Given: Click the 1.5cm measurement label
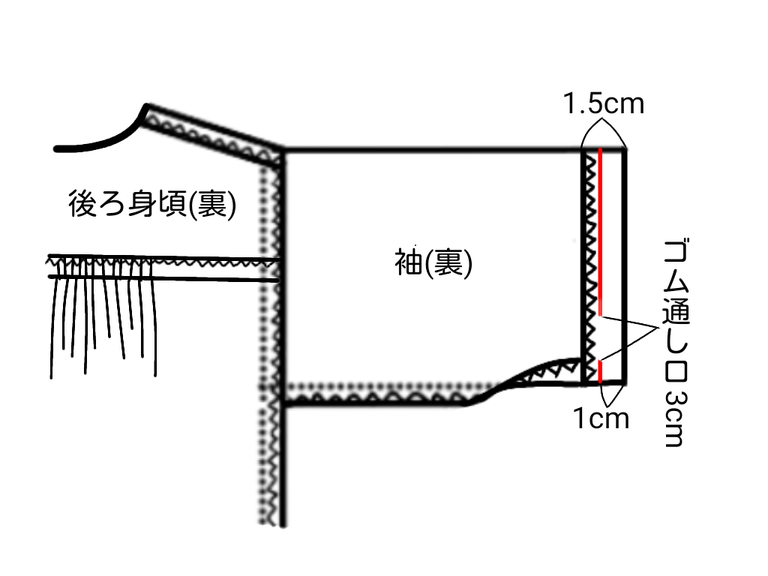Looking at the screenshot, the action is pos(604,103).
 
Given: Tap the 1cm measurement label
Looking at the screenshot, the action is pos(601,418).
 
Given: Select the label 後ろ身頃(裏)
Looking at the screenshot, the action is pos(152,204).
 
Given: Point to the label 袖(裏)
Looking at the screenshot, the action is pos(433,264).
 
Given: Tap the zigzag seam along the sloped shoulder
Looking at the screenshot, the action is pos(214,133).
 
